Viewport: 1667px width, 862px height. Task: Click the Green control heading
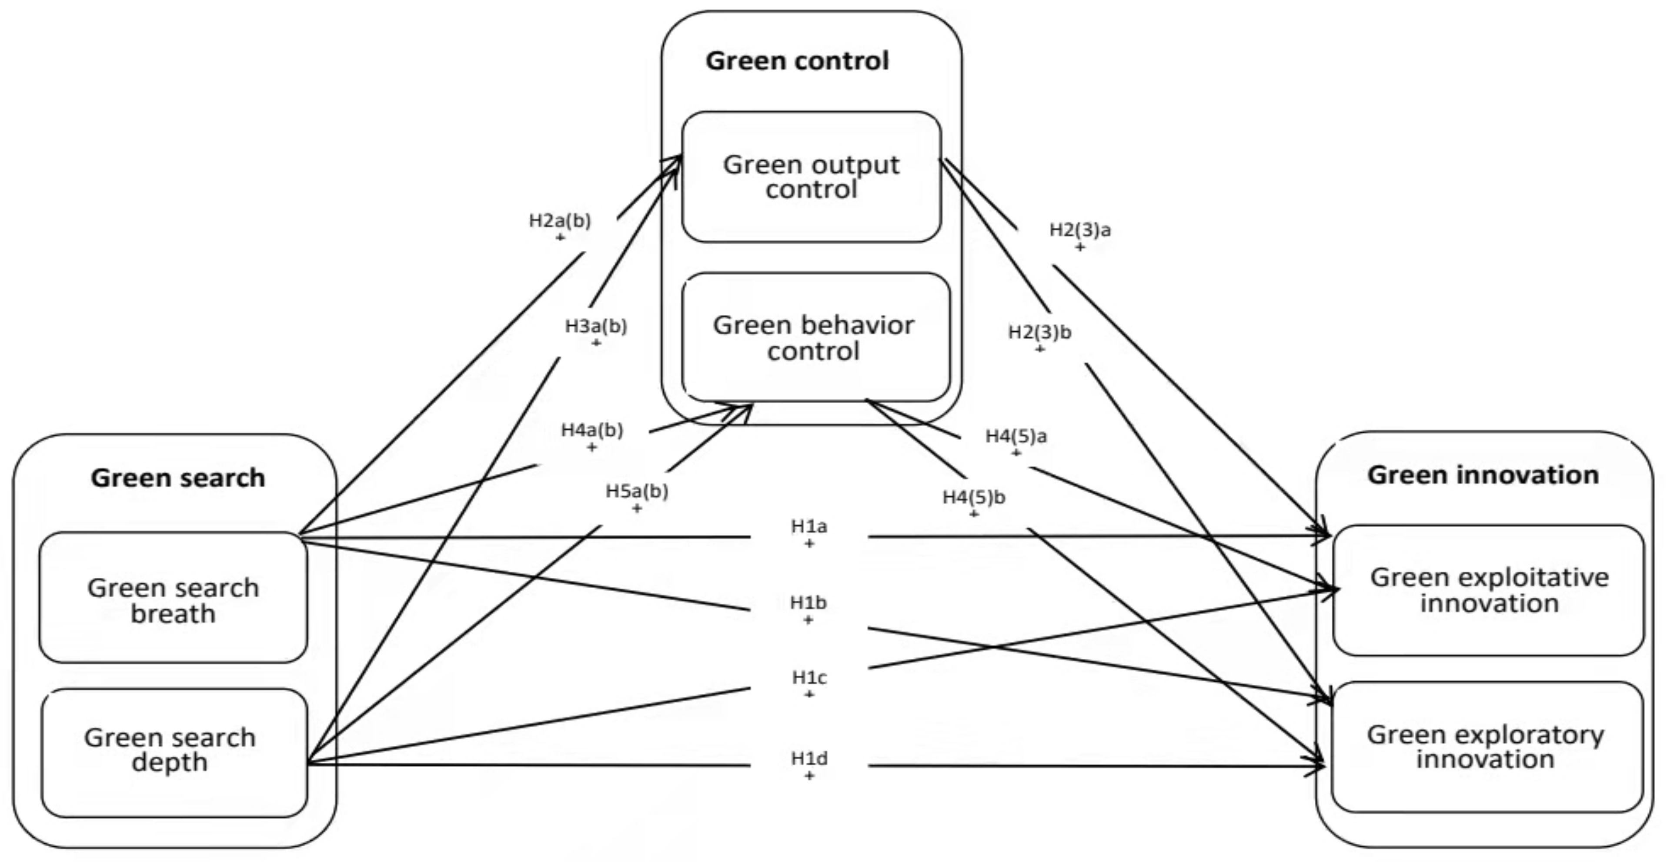(x=797, y=61)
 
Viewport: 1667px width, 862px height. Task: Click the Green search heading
(x=178, y=478)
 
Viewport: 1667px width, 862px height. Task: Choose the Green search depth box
(x=170, y=750)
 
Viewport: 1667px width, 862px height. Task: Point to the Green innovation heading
(x=1483, y=475)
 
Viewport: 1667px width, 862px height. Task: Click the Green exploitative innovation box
(x=1488, y=590)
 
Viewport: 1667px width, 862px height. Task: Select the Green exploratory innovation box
(x=1485, y=746)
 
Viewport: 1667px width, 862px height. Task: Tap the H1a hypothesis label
(x=809, y=526)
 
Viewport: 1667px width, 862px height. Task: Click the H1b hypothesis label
(x=808, y=603)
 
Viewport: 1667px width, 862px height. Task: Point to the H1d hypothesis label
(x=809, y=758)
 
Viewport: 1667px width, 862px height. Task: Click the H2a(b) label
(x=560, y=221)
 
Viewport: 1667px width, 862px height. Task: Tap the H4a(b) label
(x=591, y=430)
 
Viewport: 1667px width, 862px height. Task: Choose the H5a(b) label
(x=637, y=492)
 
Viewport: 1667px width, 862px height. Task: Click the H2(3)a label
(x=1079, y=230)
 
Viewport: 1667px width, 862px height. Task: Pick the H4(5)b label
(x=973, y=497)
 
